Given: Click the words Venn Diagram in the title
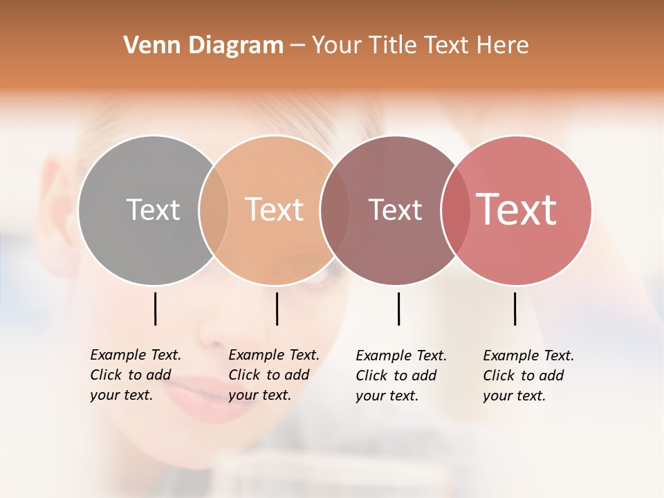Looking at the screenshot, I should click(203, 46).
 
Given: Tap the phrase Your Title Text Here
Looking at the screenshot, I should click(420, 46).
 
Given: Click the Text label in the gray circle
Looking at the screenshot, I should click(153, 210).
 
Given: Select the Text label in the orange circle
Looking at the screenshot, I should click(275, 210).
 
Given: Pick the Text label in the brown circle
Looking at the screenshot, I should click(395, 210).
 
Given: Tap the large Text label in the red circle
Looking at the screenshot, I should click(517, 209).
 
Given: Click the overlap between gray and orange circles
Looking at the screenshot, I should click(214, 210).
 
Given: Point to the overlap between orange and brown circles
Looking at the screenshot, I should click(335, 210).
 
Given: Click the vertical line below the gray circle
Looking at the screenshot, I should click(156, 308).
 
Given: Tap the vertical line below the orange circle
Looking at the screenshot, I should click(277, 308).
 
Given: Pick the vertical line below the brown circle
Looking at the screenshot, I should click(398, 308).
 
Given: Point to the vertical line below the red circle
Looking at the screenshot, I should click(515, 308).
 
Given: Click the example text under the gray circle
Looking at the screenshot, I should click(135, 375).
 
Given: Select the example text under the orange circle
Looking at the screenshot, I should click(273, 375).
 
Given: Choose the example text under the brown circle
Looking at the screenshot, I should click(400, 376).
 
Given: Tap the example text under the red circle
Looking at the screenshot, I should click(528, 376).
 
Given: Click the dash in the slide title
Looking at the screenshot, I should click(297, 46).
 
